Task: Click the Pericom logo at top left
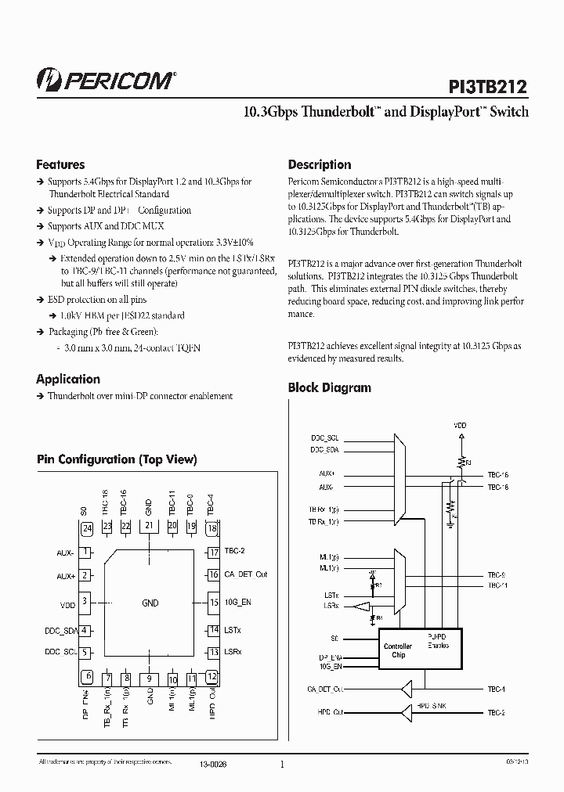coord(106,77)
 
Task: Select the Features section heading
coord(60,165)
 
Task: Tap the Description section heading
coord(319,165)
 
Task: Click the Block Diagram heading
coord(329,387)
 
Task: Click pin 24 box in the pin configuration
coord(86,527)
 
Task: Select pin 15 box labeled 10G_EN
coord(212,603)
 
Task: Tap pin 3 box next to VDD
coord(85,603)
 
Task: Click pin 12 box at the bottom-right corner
coord(211,678)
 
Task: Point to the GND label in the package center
coord(150,603)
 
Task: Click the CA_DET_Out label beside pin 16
coord(245,574)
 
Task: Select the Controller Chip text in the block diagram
coord(398,650)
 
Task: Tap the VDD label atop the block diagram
coord(460,426)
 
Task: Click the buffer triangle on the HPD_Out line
coord(407,713)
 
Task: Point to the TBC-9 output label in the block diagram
coord(497,575)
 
